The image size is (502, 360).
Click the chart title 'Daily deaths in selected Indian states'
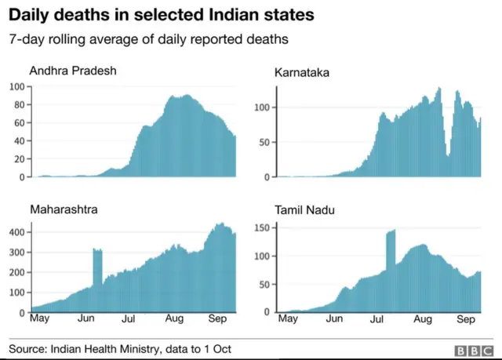pyautogui.click(x=162, y=15)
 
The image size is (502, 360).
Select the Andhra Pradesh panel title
pyautogui.click(x=73, y=71)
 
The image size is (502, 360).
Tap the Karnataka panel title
pyautogui.click(x=301, y=73)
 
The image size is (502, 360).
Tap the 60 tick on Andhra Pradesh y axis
pyautogui.click(x=19, y=122)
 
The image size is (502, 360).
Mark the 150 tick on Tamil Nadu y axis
pyautogui.click(x=263, y=227)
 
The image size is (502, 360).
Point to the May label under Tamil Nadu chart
pyautogui.click(x=288, y=320)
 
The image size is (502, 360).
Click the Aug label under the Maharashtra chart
pyautogui.click(x=174, y=320)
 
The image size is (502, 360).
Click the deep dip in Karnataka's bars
pyautogui.click(x=448, y=153)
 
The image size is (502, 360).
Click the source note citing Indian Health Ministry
pyautogui.click(x=120, y=348)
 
